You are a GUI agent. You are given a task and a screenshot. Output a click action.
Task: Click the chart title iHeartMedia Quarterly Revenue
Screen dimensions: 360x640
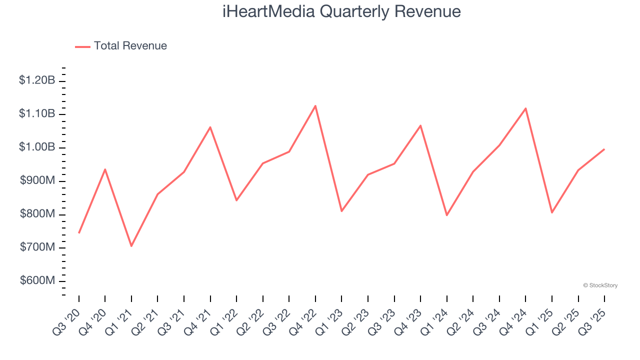tap(341, 11)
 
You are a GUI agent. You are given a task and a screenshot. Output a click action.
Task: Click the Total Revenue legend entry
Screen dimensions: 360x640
tap(121, 46)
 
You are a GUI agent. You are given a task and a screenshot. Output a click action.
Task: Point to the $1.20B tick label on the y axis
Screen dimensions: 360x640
tap(37, 80)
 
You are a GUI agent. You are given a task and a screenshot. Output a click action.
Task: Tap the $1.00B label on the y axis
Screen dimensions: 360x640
tap(37, 147)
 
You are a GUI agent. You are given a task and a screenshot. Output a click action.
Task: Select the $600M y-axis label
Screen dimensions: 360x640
tap(37, 280)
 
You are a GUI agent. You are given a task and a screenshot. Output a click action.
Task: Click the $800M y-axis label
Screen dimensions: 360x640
tap(37, 214)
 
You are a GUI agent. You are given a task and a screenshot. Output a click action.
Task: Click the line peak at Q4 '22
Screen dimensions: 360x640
tap(315, 105)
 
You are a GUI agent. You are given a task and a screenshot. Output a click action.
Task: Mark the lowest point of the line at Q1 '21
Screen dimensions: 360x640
tap(131, 246)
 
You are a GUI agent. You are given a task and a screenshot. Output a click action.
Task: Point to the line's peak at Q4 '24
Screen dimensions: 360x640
tap(525, 108)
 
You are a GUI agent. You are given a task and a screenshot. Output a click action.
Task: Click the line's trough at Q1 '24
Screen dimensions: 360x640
tap(446, 215)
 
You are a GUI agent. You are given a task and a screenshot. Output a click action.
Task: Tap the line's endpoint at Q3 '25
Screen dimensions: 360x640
tap(604, 149)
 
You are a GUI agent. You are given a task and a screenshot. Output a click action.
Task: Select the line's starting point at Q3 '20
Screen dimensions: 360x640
tap(79, 233)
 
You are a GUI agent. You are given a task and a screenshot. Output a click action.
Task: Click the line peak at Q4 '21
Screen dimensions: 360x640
tap(210, 127)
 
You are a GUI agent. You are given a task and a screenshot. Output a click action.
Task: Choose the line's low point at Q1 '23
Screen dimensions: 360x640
tap(341, 211)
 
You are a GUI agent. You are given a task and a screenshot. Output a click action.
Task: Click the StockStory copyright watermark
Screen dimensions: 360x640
tap(600, 285)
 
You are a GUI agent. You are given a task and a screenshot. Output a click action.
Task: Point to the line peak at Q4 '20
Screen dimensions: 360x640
tap(105, 169)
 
